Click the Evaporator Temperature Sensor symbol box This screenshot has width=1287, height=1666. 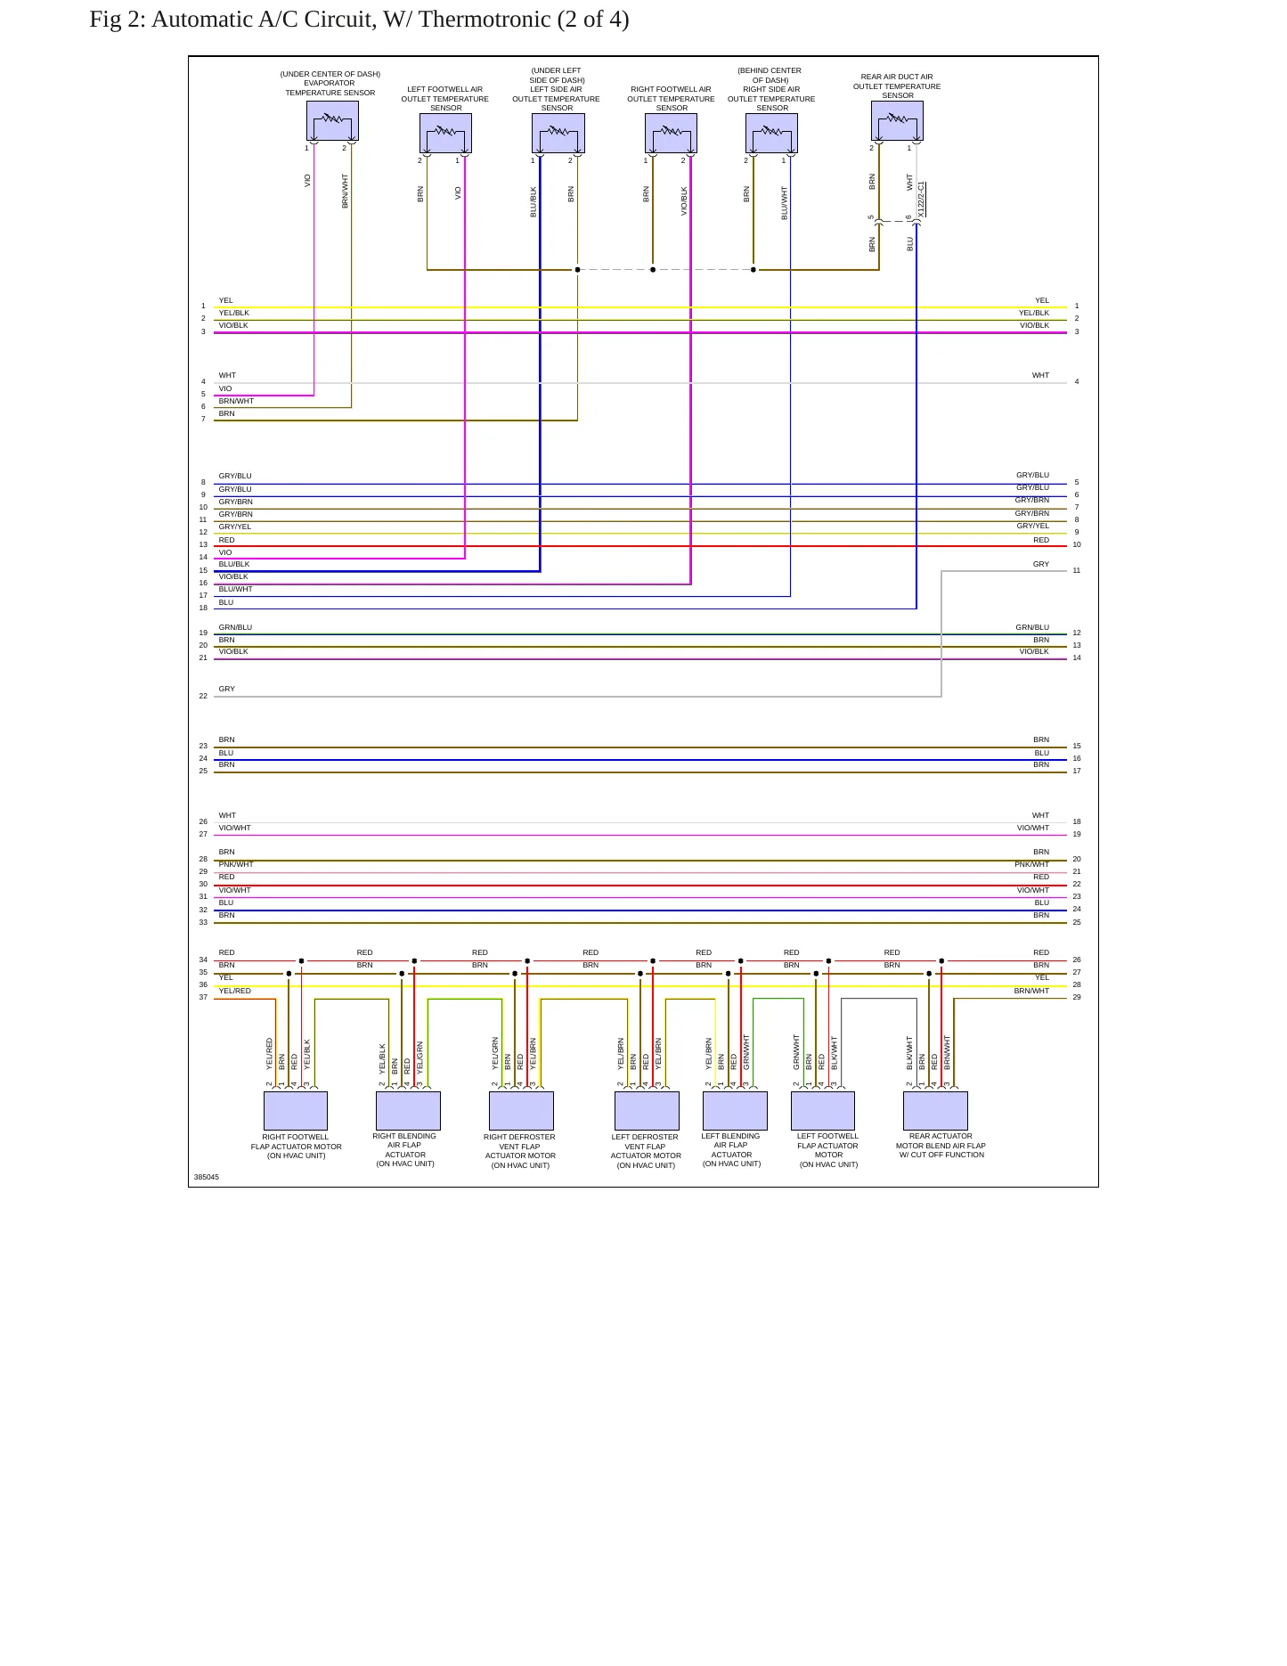pyautogui.click(x=332, y=120)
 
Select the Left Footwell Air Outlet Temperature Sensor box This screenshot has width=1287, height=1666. pyautogui.click(x=445, y=133)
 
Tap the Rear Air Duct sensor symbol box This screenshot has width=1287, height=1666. pyautogui.click(x=897, y=120)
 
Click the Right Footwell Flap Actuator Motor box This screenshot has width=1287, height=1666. pyautogui.click(x=296, y=1111)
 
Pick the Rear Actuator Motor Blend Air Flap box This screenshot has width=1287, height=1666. pyautogui.click(x=935, y=1111)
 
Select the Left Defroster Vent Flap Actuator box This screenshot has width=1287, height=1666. pyautogui.click(x=647, y=1111)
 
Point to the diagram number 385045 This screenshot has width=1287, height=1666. pyautogui.click(x=207, y=1177)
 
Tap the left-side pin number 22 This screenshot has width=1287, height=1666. pyautogui.click(x=203, y=696)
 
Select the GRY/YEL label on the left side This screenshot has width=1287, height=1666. pyautogui.click(x=235, y=527)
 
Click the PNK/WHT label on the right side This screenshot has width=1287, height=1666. pyautogui.click(x=1031, y=864)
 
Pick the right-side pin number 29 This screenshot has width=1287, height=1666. pyautogui.click(x=1077, y=997)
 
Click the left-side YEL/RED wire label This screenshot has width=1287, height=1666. pyautogui.click(x=235, y=991)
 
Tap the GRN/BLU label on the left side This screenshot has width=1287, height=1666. pyautogui.click(x=235, y=627)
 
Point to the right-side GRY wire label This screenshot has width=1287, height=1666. pyautogui.click(x=1041, y=564)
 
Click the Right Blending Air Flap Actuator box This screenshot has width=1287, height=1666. pyautogui.click(x=408, y=1111)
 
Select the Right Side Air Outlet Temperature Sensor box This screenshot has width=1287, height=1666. pyautogui.click(x=771, y=133)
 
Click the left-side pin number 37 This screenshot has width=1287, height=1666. pyautogui.click(x=203, y=997)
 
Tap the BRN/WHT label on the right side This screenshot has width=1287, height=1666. pyautogui.click(x=1031, y=991)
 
